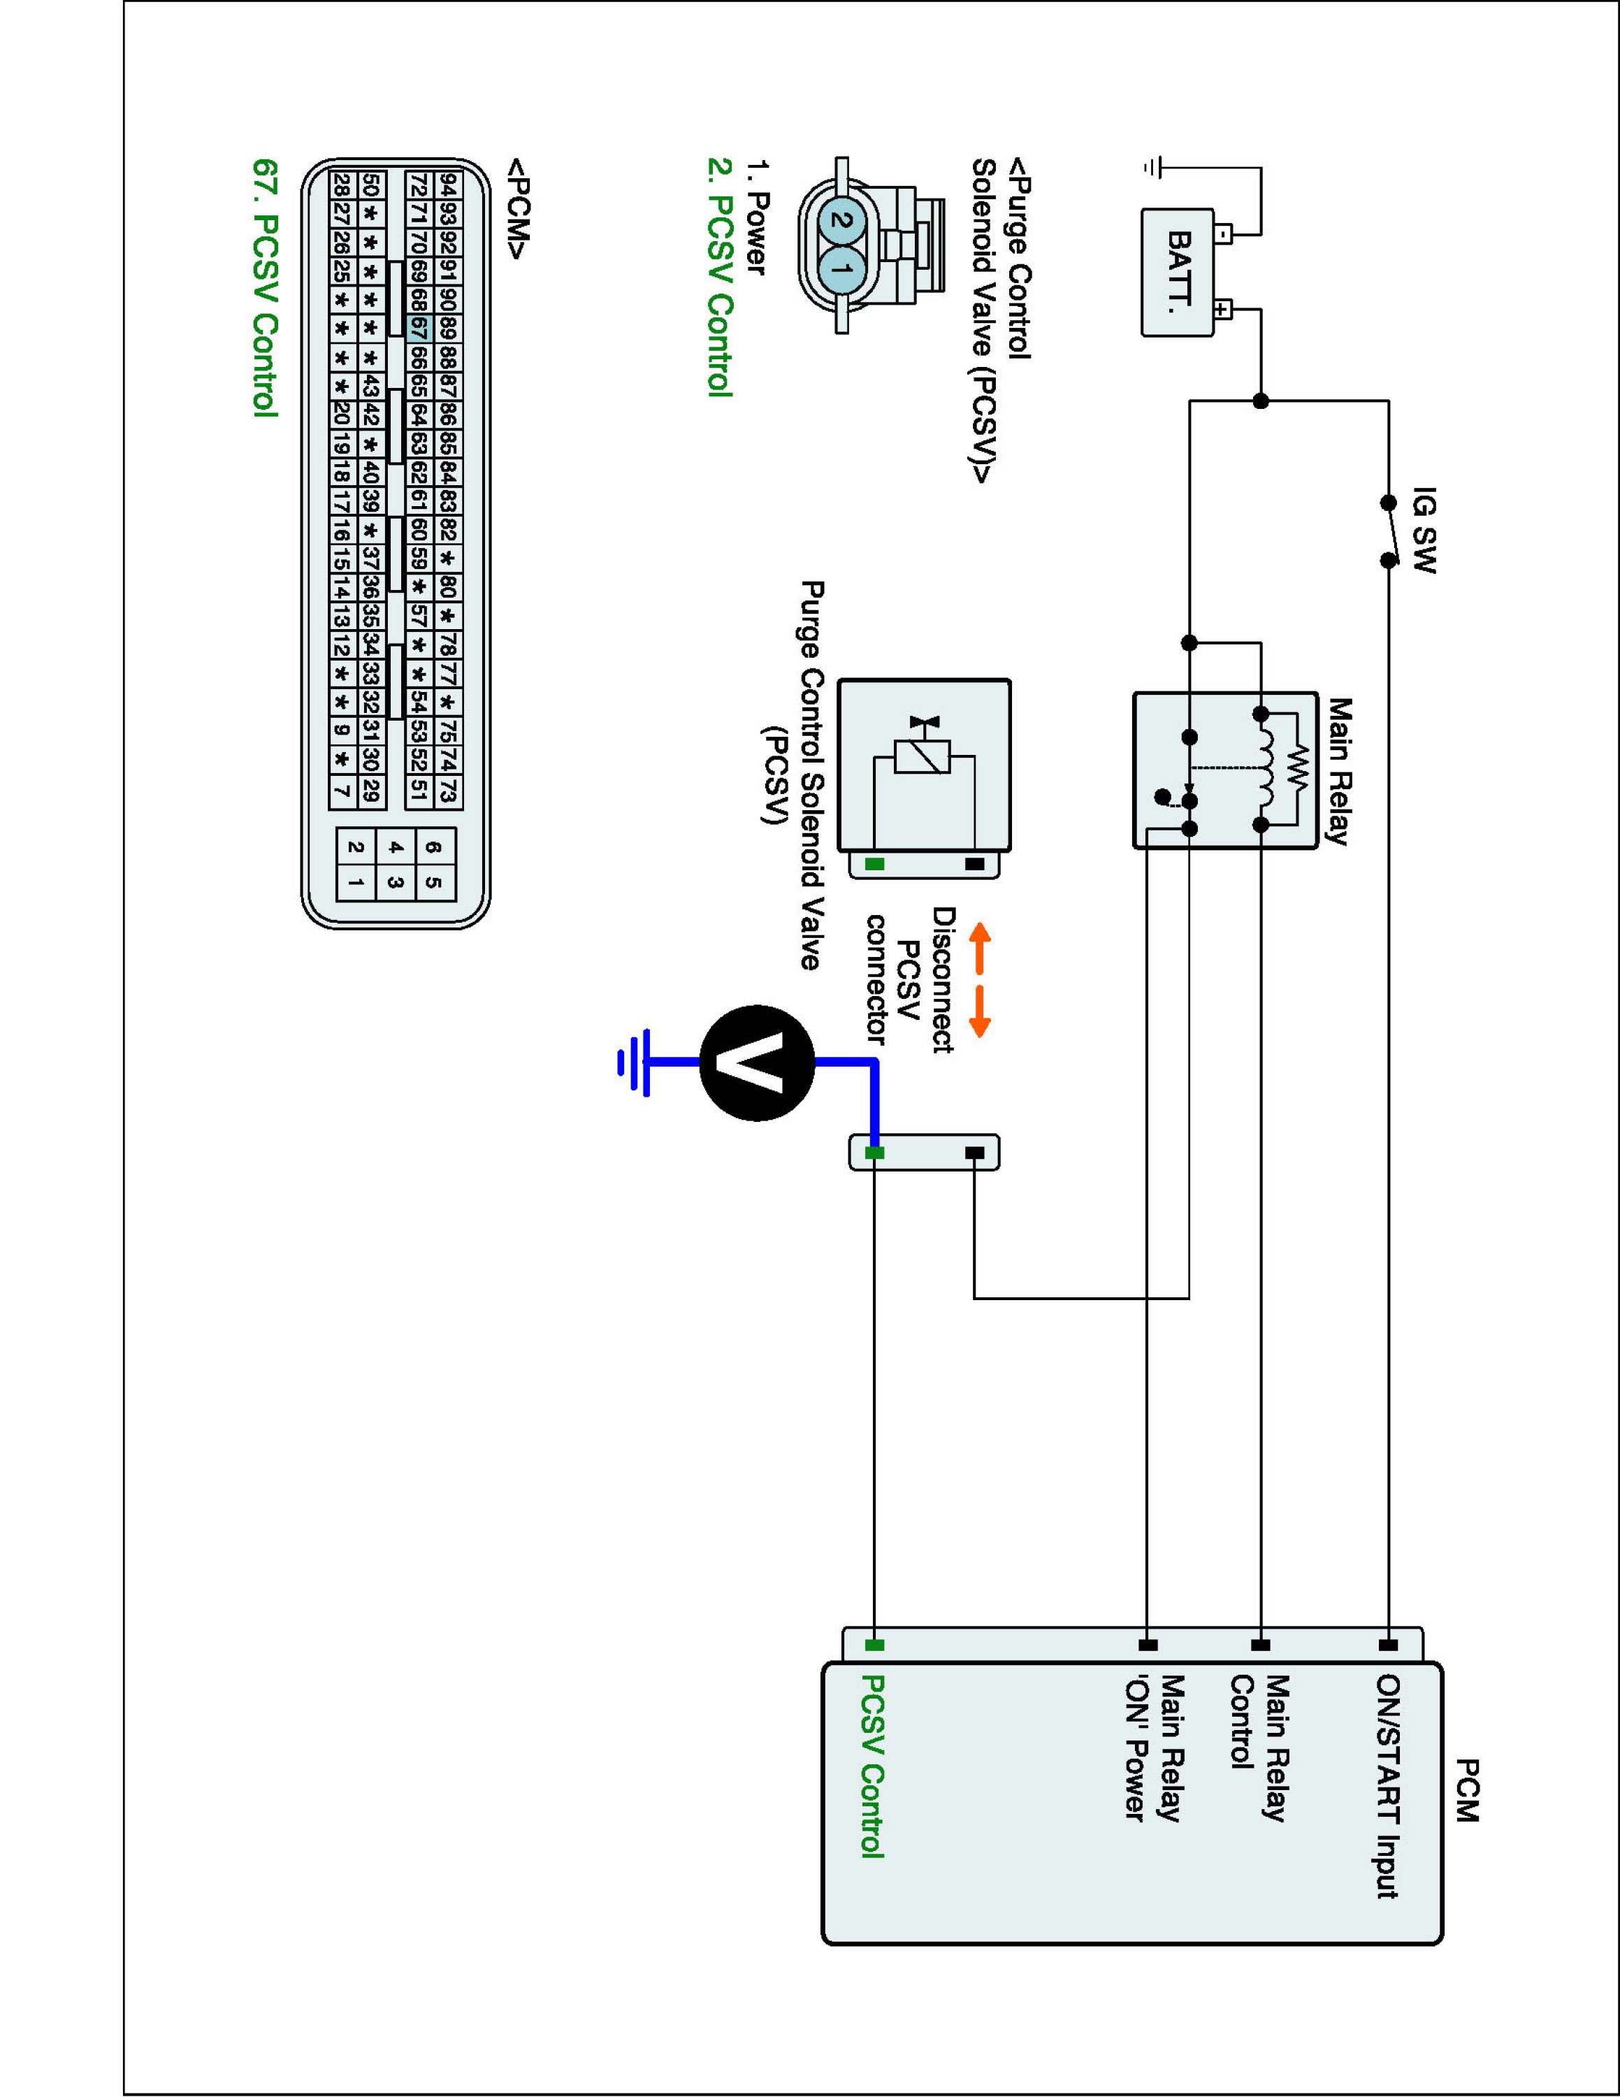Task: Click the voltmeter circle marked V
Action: pyautogui.click(x=757, y=1063)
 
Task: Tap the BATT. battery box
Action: pyautogui.click(x=1178, y=273)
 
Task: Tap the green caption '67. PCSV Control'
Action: pyautogui.click(x=265, y=287)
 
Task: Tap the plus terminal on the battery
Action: pyautogui.click(x=1222, y=309)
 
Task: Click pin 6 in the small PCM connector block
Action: pyautogui.click(x=435, y=848)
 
